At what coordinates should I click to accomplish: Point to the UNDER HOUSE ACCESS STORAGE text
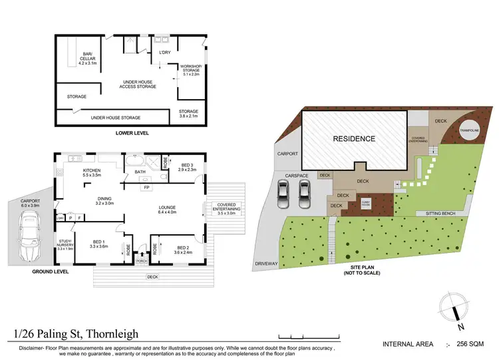(x=138, y=84)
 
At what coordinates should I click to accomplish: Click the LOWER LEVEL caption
(x=132, y=133)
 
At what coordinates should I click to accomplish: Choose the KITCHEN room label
(x=92, y=172)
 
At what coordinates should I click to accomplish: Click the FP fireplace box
(x=146, y=187)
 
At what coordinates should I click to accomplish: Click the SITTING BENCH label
(x=435, y=214)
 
